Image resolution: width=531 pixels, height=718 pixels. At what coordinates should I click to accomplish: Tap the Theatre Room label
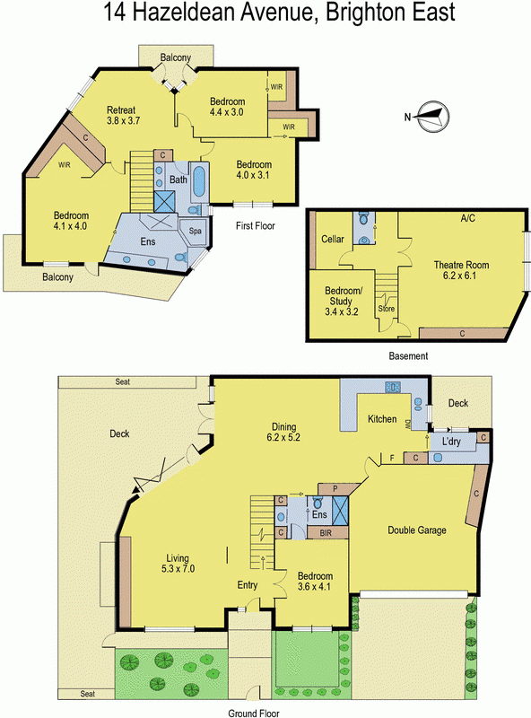(461, 265)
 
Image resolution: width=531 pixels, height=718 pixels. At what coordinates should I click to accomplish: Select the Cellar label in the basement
(333, 239)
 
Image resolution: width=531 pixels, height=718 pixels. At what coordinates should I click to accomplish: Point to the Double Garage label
(416, 530)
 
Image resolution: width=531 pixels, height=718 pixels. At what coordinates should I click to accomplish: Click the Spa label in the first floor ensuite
(196, 232)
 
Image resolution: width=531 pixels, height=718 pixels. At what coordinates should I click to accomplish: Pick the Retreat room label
(121, 109)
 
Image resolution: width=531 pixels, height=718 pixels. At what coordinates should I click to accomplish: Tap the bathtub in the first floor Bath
(199, 182)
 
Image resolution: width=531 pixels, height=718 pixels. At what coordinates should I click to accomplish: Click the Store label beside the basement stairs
(386, 309)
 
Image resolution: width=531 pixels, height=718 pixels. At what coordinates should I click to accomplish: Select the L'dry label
(451, 442)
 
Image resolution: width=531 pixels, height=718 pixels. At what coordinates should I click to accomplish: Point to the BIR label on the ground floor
(326, 533)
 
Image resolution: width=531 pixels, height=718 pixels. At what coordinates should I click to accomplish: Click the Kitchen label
(382, 418)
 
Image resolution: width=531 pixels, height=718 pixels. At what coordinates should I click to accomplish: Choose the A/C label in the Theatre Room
(468, 218)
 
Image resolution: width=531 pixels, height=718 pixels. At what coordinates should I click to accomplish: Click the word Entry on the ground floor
(248, 585)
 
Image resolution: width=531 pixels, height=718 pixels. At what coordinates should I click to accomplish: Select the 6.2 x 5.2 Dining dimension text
(283, 437)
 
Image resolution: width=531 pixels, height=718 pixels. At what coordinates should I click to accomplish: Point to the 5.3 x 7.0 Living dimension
(178, 569)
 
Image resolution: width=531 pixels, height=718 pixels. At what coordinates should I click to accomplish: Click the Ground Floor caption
(254, 713)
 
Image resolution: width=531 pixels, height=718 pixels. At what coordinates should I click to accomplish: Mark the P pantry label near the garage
(335, 488)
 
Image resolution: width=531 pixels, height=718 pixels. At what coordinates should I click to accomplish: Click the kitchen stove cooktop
(393, 388)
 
